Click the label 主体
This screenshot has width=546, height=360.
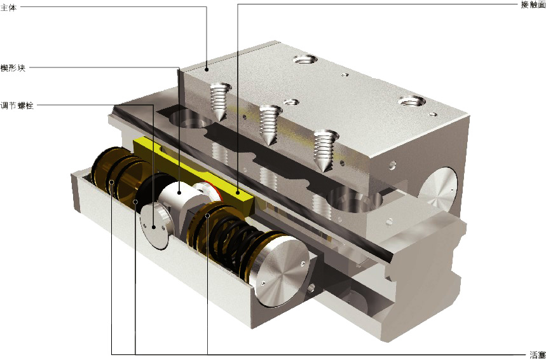pos(8,8)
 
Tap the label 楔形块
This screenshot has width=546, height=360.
pos(13,68)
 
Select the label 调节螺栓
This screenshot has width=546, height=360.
pos(17,106)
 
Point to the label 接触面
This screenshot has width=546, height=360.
pos(533,5)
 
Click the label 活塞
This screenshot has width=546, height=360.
pos(537,355)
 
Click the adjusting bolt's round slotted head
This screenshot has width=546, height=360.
pos(156,226)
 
